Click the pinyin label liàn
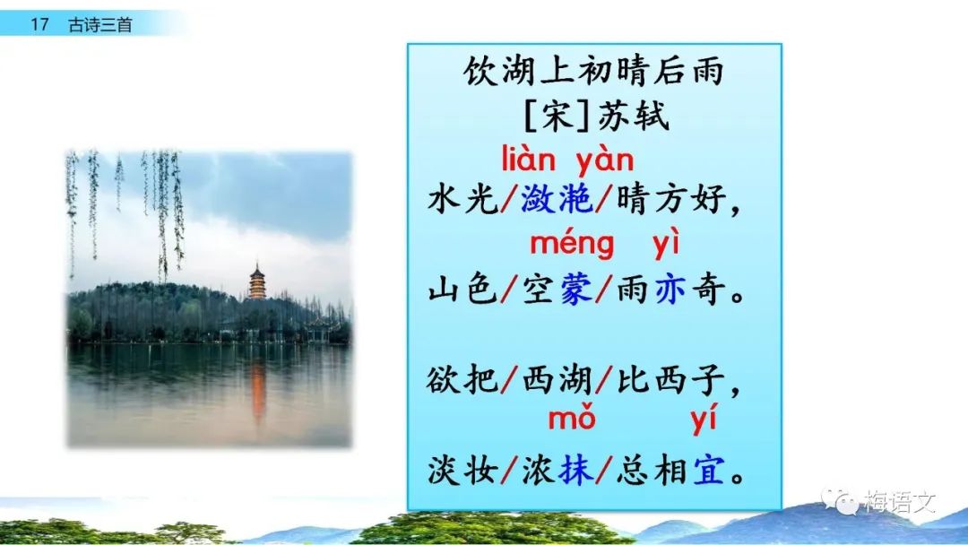click(x=529, y=159)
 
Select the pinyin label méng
click(x=572, y=245)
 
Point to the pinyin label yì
click(x=666, y=243)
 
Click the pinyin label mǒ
click(x=572, y=418)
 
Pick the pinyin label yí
click(x=704, y=420)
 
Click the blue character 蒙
click(x=576, y=290)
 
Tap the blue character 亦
click(x=670, y=290)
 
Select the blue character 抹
click(x=576, y=471)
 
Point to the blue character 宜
click(x=709, y=471)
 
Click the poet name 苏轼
click(x=634, y=116)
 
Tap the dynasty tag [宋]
click(x=557, y=116)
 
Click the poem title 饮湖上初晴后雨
click(x=593, y=71)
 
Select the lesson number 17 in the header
click(x=39, y=25)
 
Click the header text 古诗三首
click(x=100, y=25)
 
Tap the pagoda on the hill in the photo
click(x=257, y=281)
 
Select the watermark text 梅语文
click(x=900, y=502)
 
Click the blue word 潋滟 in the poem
click(x=557, y=199)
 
